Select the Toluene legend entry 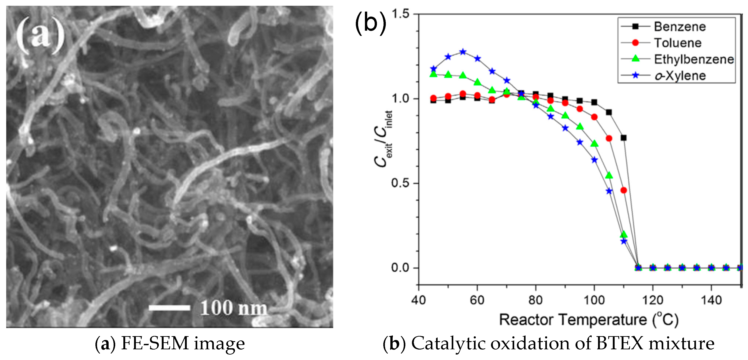tap(677, 43)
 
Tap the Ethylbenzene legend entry tap(693, 59)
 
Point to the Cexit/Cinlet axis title tap(383, 139)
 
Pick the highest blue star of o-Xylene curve tap(463, 52)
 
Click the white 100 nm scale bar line tap(169, 308)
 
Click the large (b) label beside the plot tap(371, 23)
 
